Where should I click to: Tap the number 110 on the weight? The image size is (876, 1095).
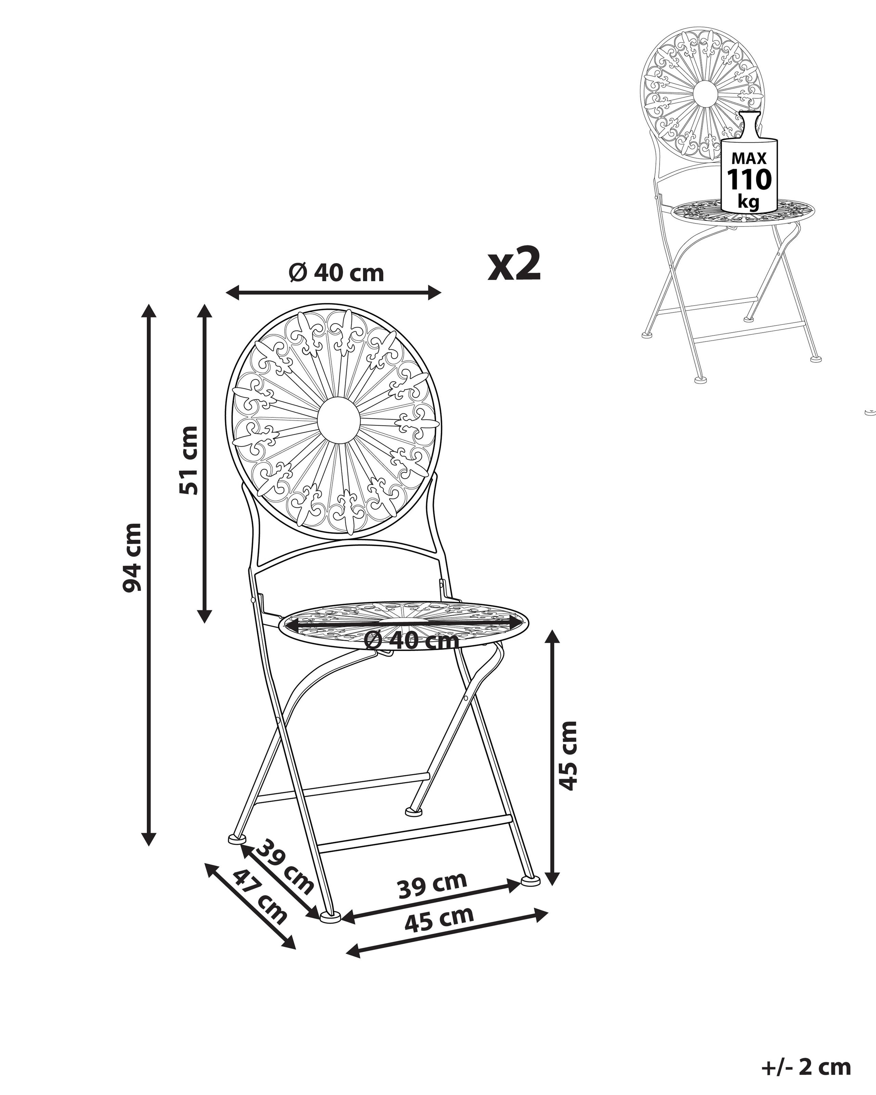pyautogui.click(x=749, y=179)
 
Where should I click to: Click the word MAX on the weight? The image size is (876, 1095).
pyautogui.click(x=749, y=158)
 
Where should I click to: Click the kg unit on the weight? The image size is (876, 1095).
pyautogui.click(x=749, y=202)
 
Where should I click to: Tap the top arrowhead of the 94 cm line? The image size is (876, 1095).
pyautogui.click(x=148, y=310)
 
